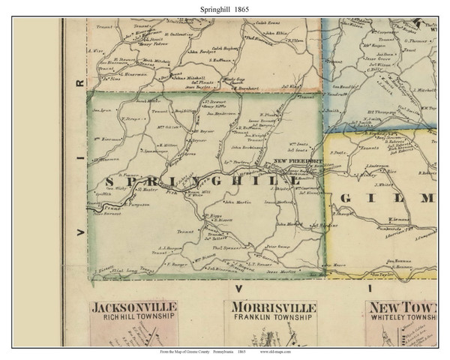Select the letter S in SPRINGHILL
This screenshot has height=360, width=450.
pyautogui.click(x=113, y=182)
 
